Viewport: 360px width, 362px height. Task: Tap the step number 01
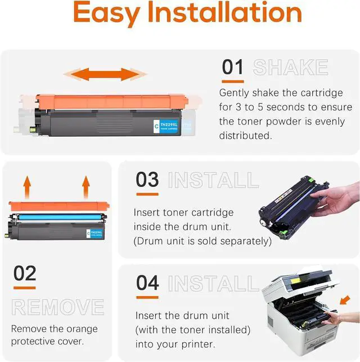click(232, 67)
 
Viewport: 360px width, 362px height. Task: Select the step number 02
click(25, 274)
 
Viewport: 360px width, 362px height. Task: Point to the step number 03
click(147, 180)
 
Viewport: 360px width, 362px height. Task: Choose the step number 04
click(147, 283)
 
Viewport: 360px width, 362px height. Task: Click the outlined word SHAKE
click(290, 68)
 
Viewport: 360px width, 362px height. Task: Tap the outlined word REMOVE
click(58, 307)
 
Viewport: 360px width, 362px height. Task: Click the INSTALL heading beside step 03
click(213, 181)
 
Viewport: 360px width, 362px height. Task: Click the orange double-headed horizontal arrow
click(105, 74)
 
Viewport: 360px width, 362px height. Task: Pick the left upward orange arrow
click(26, 185)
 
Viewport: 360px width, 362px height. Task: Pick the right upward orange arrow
click(86, 185)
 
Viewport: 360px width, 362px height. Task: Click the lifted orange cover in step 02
click(55, 207)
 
